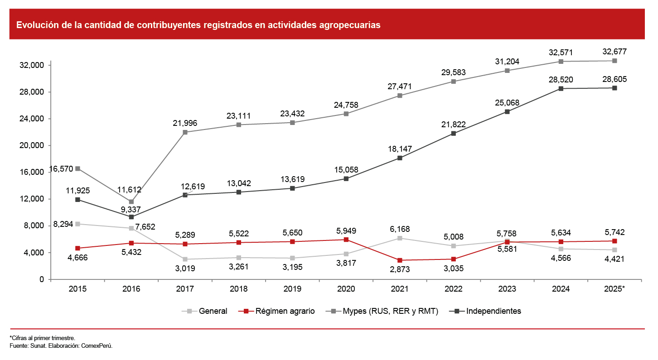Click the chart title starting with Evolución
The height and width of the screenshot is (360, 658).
tap(198, 25)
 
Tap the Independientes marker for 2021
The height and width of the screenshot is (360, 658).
tap(400, 158)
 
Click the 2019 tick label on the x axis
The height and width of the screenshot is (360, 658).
tap(292, 289)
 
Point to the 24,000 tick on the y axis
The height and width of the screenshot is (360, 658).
tap(32, 119)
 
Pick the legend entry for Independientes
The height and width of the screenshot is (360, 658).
tap(488, 311)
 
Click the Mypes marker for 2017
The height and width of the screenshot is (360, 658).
tap(185, 132)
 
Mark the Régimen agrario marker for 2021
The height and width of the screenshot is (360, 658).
tap(400, 260)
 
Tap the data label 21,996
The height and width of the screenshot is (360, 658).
tap(185, 123)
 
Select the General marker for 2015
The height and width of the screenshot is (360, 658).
tap(77, 224)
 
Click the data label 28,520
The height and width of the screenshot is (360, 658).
tap(561, 80)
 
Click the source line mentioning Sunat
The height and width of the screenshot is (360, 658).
tap(61, 346)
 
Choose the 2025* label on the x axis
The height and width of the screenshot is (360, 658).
tap(614, 289)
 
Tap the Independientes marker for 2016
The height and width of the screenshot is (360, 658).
tap(131, 217)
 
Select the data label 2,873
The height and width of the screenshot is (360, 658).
tap(400, 269)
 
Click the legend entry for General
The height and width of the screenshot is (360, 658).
tap(205, 311)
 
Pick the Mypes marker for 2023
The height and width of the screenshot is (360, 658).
tap(507, 71)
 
